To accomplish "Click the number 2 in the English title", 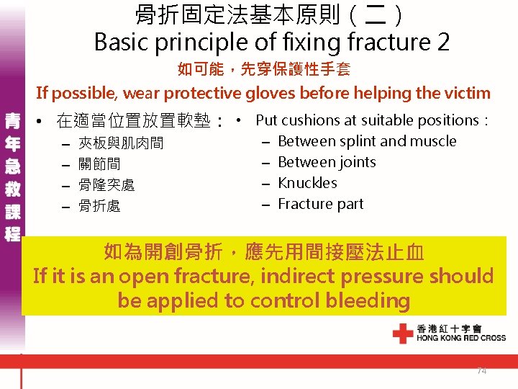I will coord(442,42).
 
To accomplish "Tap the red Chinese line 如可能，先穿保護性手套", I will coord(263,70).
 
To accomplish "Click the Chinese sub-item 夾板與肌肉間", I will coord(120,143).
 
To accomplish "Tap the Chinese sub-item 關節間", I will coord(99,164).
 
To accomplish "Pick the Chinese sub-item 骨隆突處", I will coord(106,185).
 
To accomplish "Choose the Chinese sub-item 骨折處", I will coord(99,206).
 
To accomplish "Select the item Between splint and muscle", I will coord(366,141).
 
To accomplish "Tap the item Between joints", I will coord(327,162).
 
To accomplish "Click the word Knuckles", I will coord(307,183).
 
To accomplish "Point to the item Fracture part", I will coord(320,204).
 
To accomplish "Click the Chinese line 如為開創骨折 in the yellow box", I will coord(263,251).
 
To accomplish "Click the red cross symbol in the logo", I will coord(402,333).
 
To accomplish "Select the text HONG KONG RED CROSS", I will coord(460,338).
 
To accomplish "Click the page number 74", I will coord(482,370).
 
